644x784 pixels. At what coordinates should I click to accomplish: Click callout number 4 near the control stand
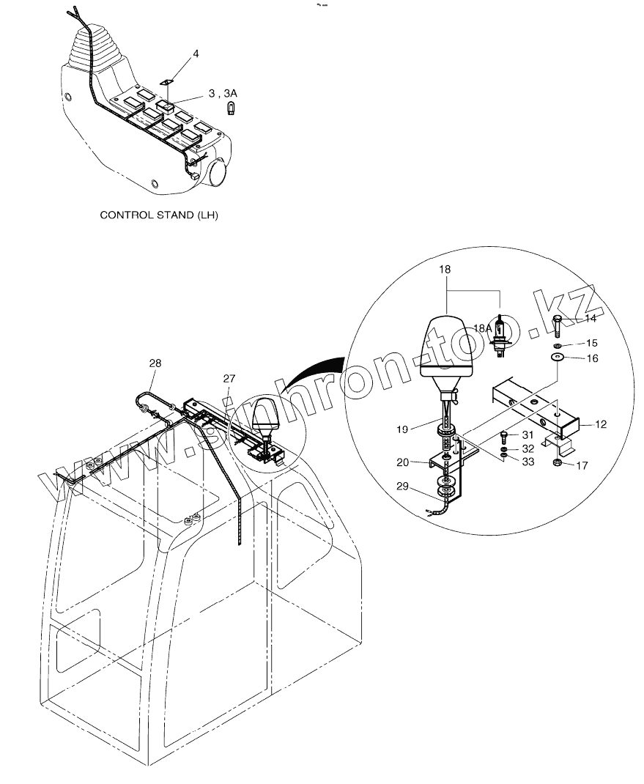tap(196, 53)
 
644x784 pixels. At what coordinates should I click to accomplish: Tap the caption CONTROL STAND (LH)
tap(159, 215)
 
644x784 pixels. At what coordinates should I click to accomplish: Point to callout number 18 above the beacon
tap(445, 270)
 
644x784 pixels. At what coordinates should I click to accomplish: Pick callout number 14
tap(591, 319)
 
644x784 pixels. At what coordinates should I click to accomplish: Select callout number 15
tap(591, 343)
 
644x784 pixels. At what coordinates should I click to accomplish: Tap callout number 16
tap(591, 358)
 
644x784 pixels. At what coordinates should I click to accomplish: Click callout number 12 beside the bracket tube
tap(600, 425)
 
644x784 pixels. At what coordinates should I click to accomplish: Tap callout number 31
tap(528, 435)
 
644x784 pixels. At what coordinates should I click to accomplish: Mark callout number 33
tap(528, 462)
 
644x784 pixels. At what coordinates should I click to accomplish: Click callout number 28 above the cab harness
tap(155, 363)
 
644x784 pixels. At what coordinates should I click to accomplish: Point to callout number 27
tap(229, 378)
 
